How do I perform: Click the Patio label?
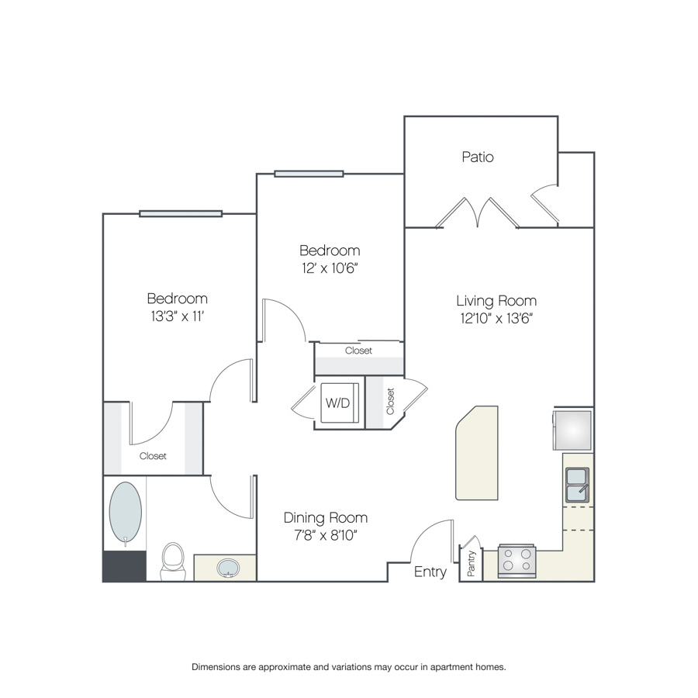click(x=478, y=157)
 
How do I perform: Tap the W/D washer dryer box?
click(x=340, y=403)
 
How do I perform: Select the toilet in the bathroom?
click(x=173, y=562)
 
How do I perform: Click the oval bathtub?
click(x=126, y=513)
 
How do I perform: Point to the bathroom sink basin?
click(x=228, y=568)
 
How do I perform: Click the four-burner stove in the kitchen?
click(x=517, y=561)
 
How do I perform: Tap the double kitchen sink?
click(x=577, y=485)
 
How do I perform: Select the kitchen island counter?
click(x=477, y=453)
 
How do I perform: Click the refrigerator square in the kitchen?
click(x=573, y=430)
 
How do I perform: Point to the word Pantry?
click(x=472, y=563)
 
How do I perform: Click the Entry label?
click(x=430, y=572)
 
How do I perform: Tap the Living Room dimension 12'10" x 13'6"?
click(x=496, y=318)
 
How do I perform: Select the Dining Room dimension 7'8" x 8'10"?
click(x=326, y=535)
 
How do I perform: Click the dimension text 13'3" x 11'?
click(x=177, y=316)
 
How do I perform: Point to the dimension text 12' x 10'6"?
click(x=330, y=268)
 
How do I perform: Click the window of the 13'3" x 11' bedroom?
click(x=181, y=214)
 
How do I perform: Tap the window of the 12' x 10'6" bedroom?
click(x=309, y=174)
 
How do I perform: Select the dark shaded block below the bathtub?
click(x=125, y=566)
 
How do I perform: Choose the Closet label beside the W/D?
click(x=390, y=401)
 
